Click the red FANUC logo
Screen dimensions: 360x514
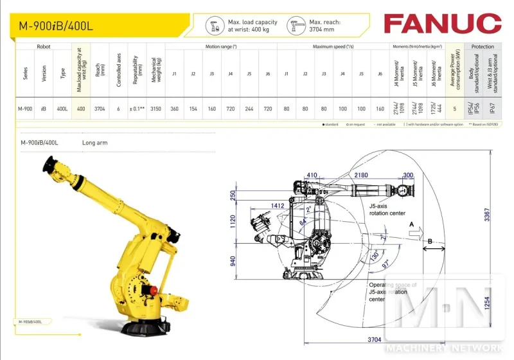coord(442,24)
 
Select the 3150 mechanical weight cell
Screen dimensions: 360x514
coord(155,109)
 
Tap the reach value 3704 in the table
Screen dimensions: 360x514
coord(100,109)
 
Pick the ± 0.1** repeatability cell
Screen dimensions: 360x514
coord(136,109)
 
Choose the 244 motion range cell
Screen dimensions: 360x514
coord(249,109)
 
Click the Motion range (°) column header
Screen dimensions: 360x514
coord(221,47)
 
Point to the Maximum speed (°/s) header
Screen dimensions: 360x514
coord(333,47)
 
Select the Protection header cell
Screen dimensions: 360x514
coord(483,47)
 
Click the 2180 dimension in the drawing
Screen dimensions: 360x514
coord(361,175)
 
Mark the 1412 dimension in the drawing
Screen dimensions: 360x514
coord(278,206)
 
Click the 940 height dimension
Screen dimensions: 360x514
coord(233,262)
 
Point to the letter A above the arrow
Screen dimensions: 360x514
coord(411,223)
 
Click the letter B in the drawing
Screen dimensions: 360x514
coord(430,241)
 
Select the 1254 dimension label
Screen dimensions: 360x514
coord(487,303)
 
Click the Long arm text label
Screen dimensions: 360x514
coord(94,143)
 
